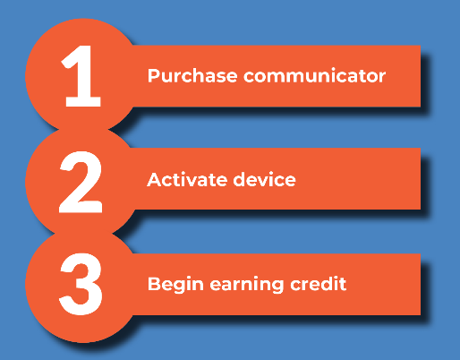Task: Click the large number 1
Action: coord(81,76)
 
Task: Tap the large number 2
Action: coord(81,182)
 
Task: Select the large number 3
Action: coord(81,284)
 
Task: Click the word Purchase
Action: coord(192,76)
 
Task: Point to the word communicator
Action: coord(315,75)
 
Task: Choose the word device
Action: coord(264,179)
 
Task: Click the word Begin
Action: coord(175,285)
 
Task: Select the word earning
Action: coord(247,285)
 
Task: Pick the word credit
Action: coord(319,284)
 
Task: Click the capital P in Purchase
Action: coord(154,75)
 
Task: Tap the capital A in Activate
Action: coord(155,180)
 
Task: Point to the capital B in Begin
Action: coord(154,284)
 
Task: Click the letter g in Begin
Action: coord(182,287)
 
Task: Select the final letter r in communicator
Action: coord(381,77)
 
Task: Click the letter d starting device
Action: coord(239,179)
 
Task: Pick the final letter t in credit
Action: coord(343,285)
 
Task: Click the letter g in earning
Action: coord(277,287)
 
